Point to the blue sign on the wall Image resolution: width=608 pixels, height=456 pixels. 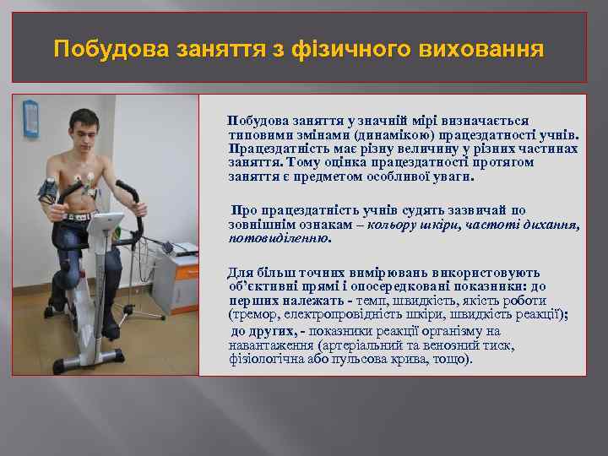[x=30, y=117]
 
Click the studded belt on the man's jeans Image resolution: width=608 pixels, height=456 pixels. [x=80, y=215]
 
